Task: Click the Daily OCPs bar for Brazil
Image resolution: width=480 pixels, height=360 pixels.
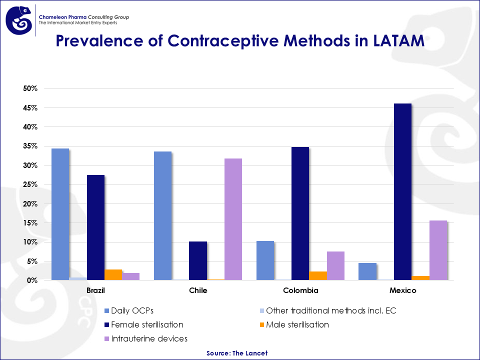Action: click(x=60, y=214)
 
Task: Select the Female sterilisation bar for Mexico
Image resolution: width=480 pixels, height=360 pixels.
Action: click(x=402, y=192)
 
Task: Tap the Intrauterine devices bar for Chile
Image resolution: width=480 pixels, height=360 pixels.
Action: click(x=233, y=219)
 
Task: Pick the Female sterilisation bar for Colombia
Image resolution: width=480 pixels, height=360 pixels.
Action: click(x=300, y=213)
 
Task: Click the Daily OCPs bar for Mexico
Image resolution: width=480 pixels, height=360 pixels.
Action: click(x=367, y=271)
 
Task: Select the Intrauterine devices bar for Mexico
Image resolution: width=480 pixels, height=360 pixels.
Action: click(x=438, y=250)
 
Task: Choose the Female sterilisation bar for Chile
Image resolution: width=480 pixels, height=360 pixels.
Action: click(x=197, y=261)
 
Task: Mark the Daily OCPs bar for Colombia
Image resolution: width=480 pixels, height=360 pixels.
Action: click(x=265, y=260)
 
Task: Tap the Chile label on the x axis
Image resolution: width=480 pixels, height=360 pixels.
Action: click(x=198, y=290)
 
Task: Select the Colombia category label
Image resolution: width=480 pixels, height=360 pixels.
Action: click(x=300, y=290)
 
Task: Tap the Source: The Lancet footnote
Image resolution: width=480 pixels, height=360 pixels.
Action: click(x=237, y=353)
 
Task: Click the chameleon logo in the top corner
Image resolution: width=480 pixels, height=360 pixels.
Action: click(x=19, y=20)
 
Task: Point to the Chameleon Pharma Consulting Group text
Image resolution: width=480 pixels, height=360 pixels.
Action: click(x=83, y=17)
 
